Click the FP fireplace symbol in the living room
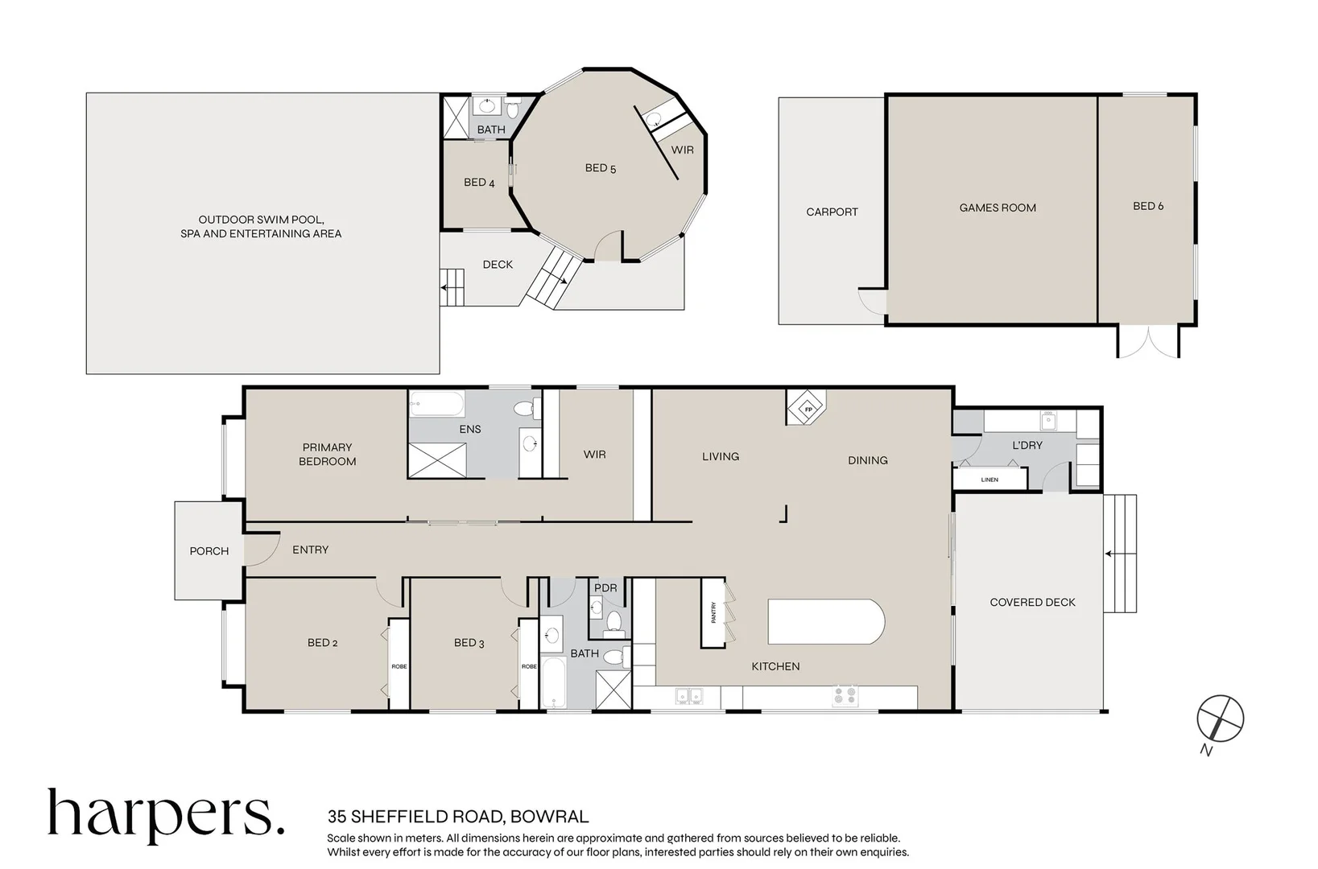point(808,407)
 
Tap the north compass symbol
point(1221,719)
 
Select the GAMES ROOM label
point(998,208)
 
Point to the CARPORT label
point(832,212)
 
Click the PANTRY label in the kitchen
point(713,612)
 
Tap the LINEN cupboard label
point(989,480)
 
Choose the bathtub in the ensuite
point(436,403)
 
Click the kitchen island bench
point(826,621)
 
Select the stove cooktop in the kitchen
point(845,696)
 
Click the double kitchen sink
point(688,696)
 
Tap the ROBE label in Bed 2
point(399,666)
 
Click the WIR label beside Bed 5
point(682,150)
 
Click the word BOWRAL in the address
point(549,817)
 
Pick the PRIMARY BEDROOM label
point(327,455)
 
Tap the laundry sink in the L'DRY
point(1049,420)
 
